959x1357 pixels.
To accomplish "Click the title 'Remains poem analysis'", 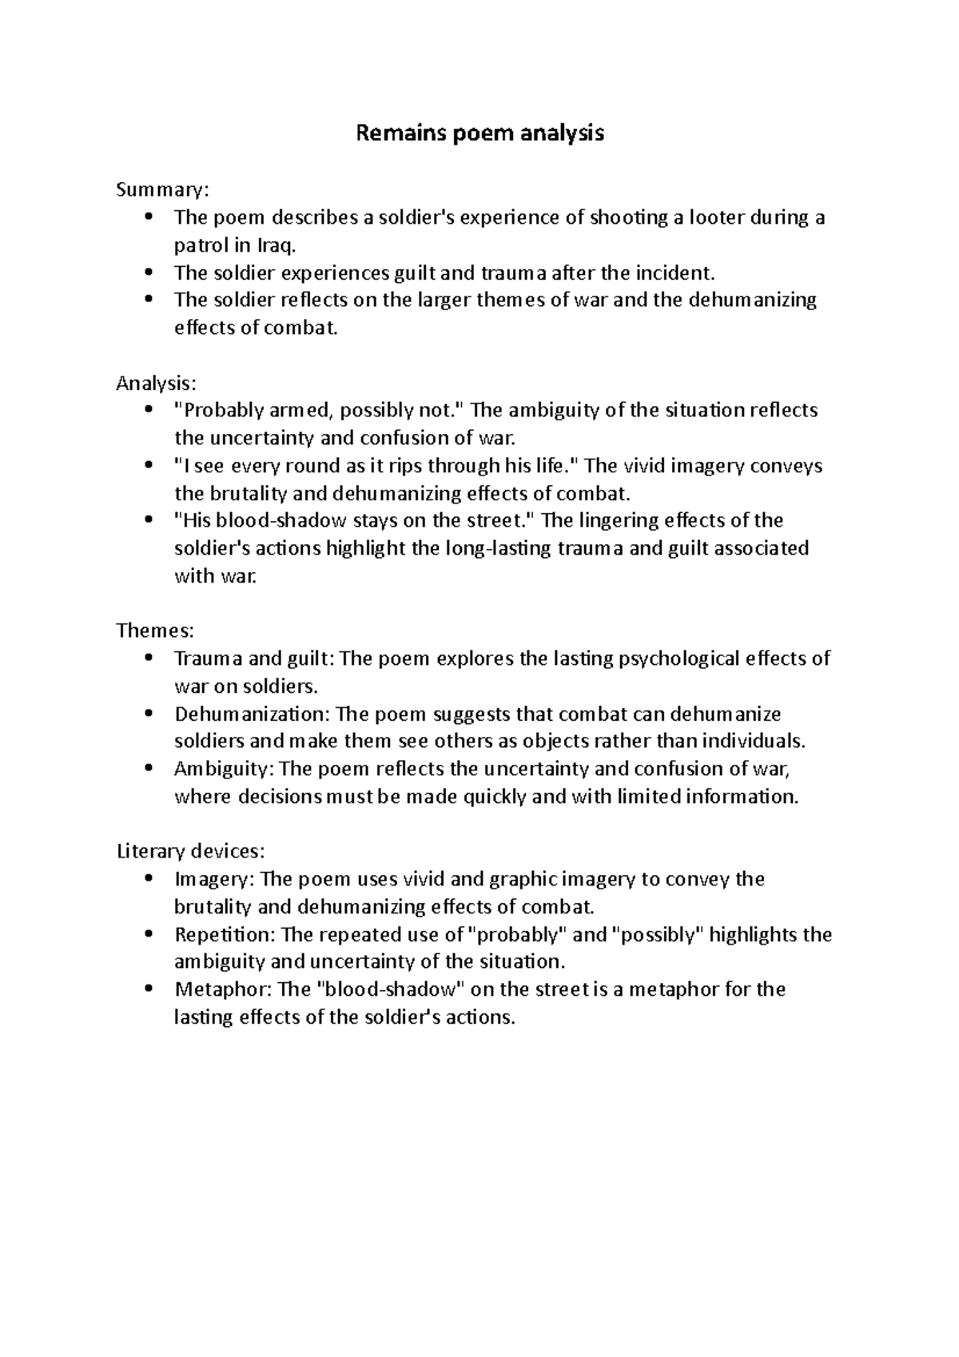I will (479, 133).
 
